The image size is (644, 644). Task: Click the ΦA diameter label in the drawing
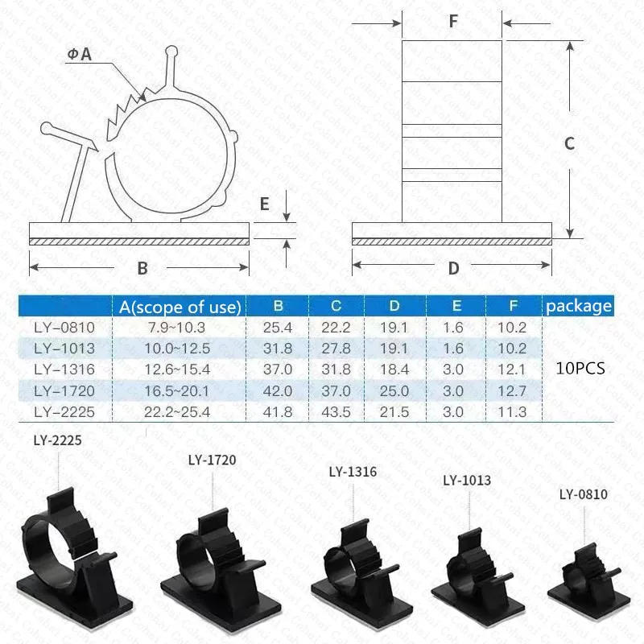tap(80, 55)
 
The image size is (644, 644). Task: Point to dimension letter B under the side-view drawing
tap(142, 268)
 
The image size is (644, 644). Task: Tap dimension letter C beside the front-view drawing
tap(568, 143)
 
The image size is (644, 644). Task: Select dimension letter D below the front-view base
tap(454, 268)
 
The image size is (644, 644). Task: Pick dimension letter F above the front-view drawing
tap(452, 23)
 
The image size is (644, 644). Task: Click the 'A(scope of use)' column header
tap(180, 306)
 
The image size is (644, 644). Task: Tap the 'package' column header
tap(579, 306)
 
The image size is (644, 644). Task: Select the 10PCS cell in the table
tap(580, 368)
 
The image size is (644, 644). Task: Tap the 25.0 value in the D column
tap(394, 390)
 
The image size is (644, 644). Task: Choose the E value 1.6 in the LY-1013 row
tap(454, 348)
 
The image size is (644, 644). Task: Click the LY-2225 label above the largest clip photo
tap(59, 441)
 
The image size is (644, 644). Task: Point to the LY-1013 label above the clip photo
tap(466, 481)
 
